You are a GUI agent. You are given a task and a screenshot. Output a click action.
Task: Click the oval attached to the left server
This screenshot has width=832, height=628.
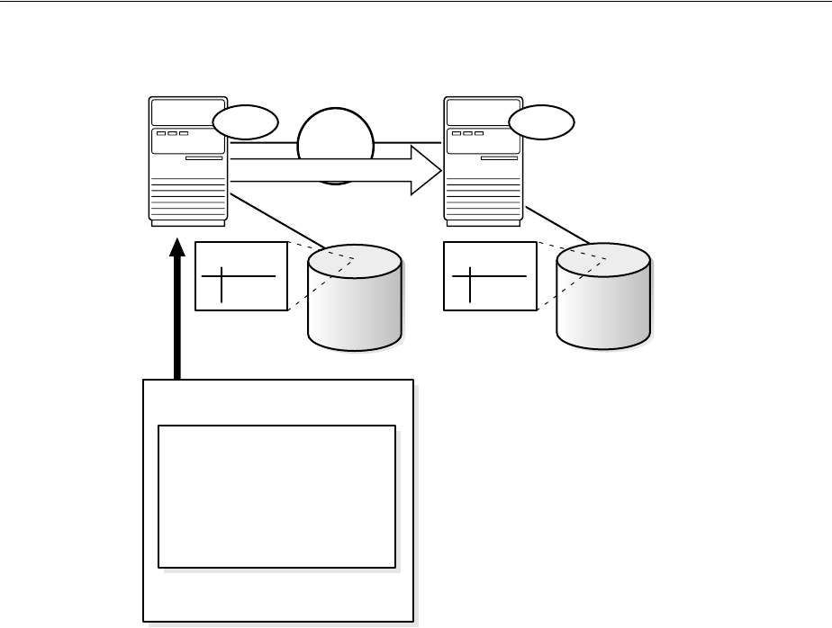pos(245,121)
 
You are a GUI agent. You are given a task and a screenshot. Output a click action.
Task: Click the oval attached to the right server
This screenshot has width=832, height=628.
pos(540,121)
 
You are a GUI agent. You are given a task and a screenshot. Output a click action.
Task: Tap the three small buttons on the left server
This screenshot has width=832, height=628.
pos(171,134)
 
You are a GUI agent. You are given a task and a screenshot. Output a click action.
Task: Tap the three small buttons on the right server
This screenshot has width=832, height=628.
pos(466,134)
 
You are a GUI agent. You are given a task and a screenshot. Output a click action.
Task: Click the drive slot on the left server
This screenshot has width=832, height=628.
pos(203,158)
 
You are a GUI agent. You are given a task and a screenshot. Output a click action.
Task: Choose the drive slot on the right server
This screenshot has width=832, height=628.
pos(499,158)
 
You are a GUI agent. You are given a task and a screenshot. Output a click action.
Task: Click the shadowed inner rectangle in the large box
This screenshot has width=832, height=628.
pos(277,496)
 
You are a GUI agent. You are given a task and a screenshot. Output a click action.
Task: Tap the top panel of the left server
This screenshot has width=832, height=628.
pos(187,112)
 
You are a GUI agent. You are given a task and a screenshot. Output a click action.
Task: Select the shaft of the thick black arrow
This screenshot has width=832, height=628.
pos(176,324)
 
